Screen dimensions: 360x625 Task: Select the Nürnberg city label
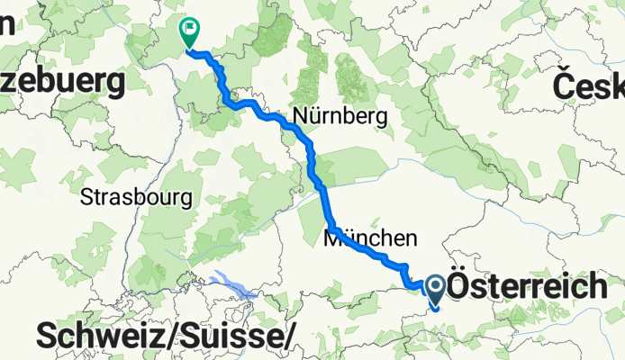(x=340, y=116)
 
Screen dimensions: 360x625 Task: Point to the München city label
(x=371, y=238)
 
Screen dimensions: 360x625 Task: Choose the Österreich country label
(x=527, y=288)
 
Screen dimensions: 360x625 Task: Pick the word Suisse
(x=235, y=337)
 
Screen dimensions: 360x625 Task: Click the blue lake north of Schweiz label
(x=232, y=284)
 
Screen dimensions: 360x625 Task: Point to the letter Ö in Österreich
(x=460, y=287)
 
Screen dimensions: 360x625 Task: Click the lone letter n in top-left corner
(x=5, y=24)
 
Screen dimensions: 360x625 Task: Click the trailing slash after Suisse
(x=291, y=337)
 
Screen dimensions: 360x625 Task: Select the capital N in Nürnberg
(x=299, y=116)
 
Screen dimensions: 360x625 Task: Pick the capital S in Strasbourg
(x=86, y=195)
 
